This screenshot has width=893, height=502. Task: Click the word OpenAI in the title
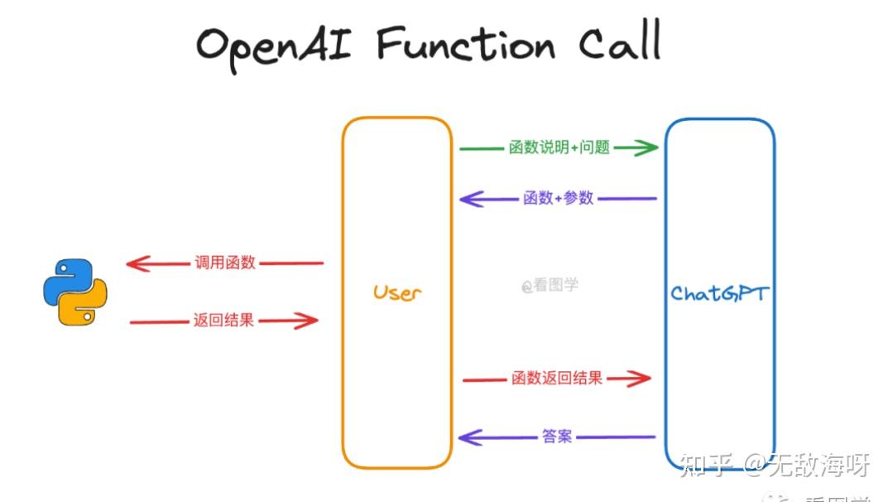pos(274,46)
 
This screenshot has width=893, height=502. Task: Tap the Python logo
pos(75,292)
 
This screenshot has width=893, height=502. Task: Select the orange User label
pos(396,292)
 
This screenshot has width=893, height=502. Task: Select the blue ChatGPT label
pos(719,293)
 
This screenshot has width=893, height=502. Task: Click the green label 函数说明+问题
pos(559,148)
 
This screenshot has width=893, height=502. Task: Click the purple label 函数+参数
pos(558,198)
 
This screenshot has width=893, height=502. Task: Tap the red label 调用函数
pos(225,263)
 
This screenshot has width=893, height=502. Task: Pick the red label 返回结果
pos(223,321)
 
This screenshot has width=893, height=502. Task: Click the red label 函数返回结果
pos(557,379)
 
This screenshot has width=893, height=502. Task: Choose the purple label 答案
pos(557,436)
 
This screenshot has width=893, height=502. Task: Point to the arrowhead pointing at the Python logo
pos(136,264)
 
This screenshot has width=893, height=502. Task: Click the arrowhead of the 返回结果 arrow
pos(309,321)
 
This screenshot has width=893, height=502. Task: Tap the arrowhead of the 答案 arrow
pos(468,437)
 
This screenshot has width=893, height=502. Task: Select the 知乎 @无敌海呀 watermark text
pos(774,466)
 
